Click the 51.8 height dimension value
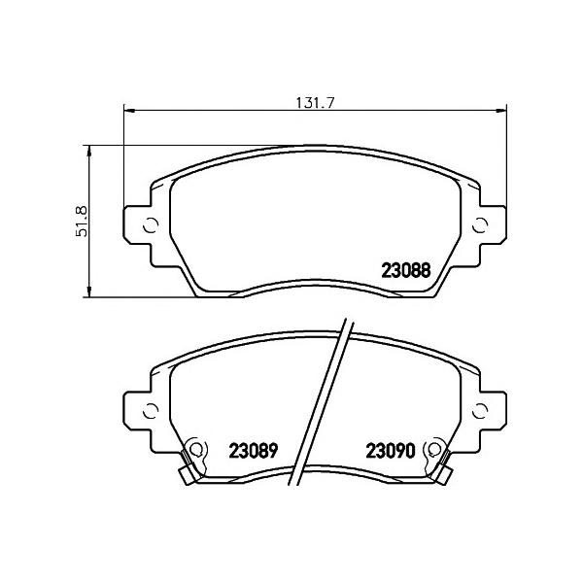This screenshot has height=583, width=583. point(83,222)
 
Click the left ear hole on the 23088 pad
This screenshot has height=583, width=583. point(151,226)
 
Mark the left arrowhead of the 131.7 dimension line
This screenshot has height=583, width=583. point(127,110)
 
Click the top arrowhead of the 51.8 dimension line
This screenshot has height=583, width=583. point(89,150)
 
